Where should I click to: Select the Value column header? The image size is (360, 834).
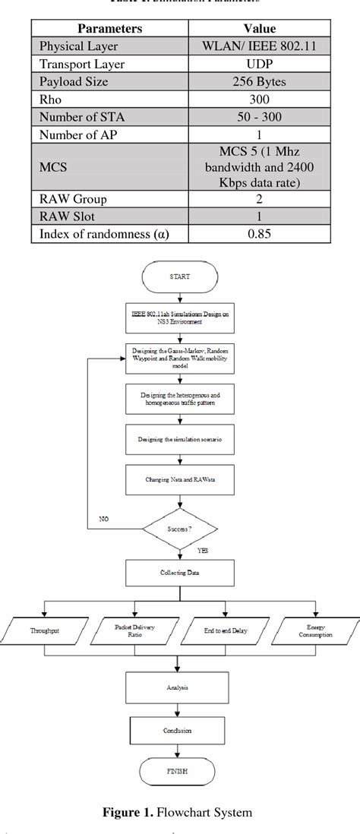pos(260,28)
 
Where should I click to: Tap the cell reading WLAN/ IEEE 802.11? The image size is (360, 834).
pos(260,46)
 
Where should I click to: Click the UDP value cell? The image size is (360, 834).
pos(260,64)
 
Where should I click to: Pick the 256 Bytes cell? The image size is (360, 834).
pos(260,82)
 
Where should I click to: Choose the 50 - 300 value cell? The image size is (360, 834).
pos(260,118)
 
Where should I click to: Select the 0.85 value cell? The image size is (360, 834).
pos(260,234)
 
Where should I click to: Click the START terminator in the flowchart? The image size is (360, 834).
pos(180,277)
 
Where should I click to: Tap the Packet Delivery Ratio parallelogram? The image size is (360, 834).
pos(134,630)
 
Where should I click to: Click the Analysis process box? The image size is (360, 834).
pos(180,688)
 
